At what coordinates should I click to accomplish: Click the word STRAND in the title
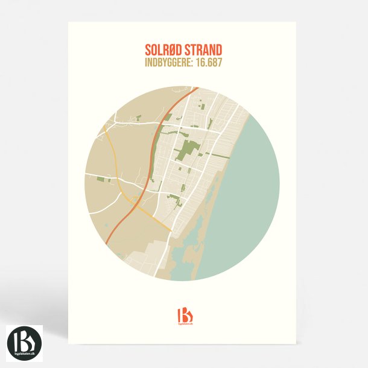(x=203, y=49)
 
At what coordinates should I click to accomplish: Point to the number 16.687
(x=214, y=62)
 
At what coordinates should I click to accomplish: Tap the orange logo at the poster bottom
(x=184, y=314)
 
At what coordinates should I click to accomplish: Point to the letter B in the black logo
(x=24, y=339)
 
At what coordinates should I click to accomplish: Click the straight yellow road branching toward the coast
(x=156, y=220)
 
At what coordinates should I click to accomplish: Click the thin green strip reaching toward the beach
(x=211, y=124)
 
